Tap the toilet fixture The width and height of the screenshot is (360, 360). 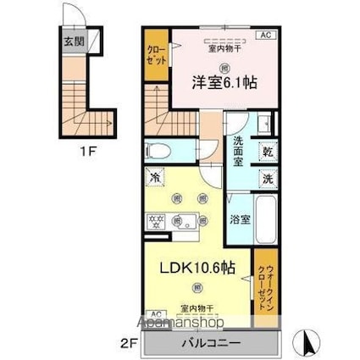point(160,152)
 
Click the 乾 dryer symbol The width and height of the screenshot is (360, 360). point(266,152)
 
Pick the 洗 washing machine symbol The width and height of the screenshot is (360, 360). point(266,179)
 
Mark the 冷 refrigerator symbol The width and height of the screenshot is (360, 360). point(156,178)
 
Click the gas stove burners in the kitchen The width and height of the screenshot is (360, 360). point(156,219)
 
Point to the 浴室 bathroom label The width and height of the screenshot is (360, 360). point(240,219)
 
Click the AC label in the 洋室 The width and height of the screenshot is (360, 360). point(264,35)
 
